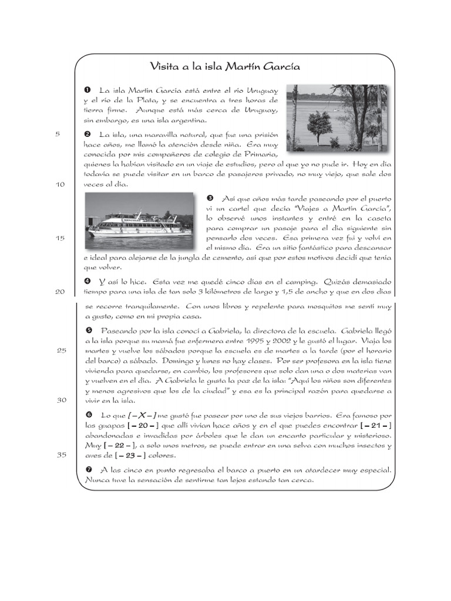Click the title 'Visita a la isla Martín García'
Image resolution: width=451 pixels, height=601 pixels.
[x=225, y=67]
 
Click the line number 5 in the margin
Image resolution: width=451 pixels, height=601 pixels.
[x=58, y=134]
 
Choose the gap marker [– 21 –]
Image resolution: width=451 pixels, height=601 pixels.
[x=373, y=425]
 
